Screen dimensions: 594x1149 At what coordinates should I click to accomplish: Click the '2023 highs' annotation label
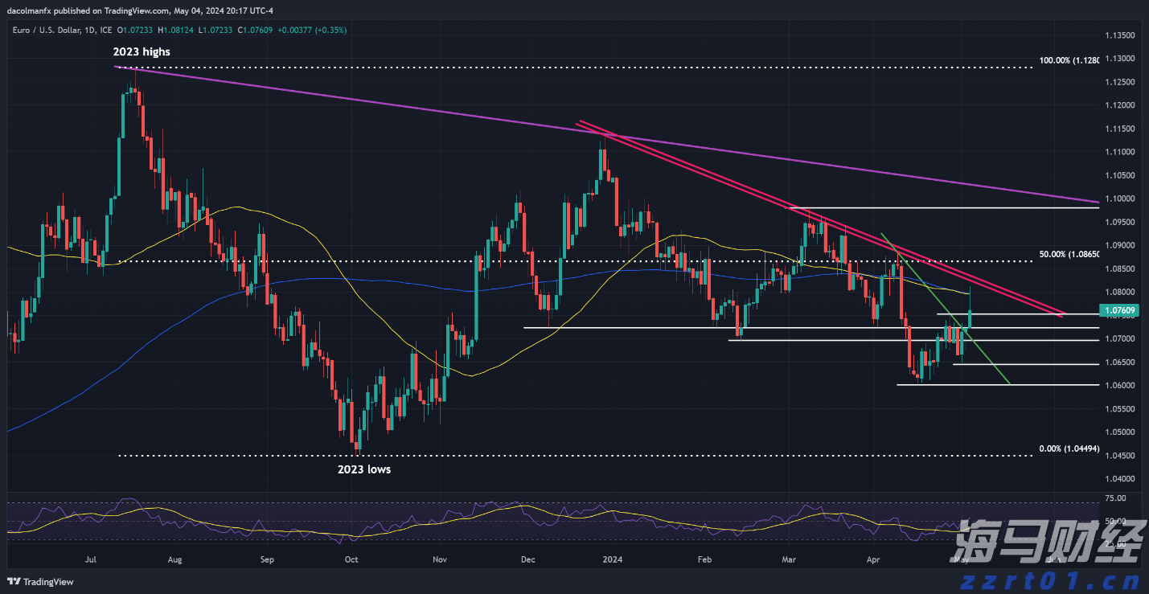click(142, 51)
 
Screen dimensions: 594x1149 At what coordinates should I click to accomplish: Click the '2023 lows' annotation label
click(363, 469)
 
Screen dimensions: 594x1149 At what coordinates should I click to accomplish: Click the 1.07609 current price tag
click(1118, 310)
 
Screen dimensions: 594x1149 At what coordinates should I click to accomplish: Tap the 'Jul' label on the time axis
click(90, 558)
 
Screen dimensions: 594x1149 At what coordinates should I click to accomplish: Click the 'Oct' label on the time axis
click(351, 558)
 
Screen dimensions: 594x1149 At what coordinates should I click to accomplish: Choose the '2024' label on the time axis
click(613, 558)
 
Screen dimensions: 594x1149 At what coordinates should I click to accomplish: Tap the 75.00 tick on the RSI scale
click(1115, 498)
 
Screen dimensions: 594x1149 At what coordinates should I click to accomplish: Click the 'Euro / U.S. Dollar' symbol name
click(41, 30)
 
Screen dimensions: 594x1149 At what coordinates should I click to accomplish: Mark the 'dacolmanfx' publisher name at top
click(27, 10)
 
